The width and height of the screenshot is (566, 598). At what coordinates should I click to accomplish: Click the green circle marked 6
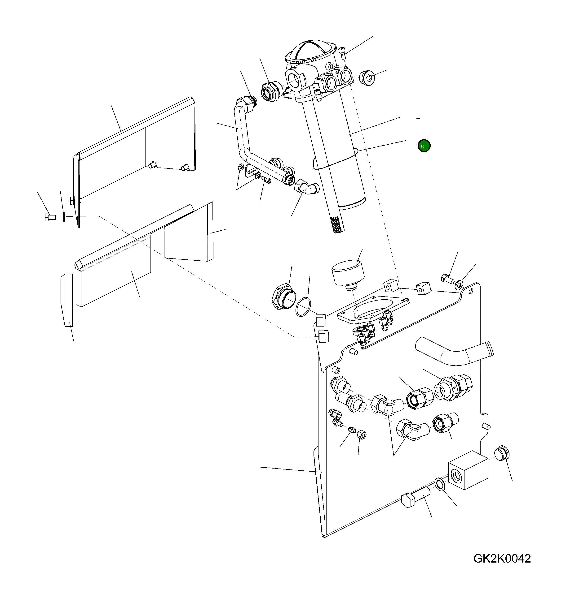pyautogui.click(x=424, y=146)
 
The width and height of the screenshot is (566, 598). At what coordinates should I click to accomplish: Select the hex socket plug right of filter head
pyautogui.click(x=367, y=78)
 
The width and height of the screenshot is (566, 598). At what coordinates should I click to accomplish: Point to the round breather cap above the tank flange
pyautogui.click(x=348, y=272)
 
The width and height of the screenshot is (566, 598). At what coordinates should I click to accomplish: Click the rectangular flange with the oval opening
pyautogui.click(x=373, y=311)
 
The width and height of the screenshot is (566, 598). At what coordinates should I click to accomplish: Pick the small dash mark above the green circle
pyautogui.click(x=418, y=119)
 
